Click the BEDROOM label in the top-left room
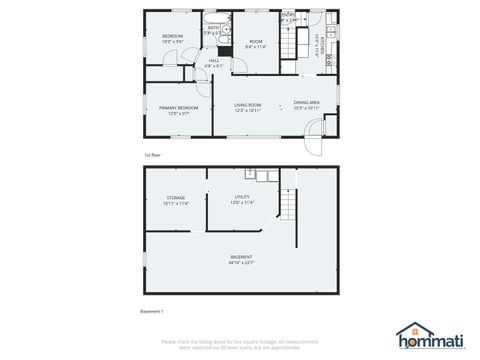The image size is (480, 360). tap(173, 37)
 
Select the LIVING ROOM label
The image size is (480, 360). tap(247, 104)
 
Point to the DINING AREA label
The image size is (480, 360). tap(306, 103)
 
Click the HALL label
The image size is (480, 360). tap(214, 61)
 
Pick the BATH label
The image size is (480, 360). tap(213, 28)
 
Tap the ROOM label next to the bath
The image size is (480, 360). tap(255, 41)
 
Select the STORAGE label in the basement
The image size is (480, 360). tap(176, 198)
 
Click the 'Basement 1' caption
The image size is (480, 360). tap(150, 312)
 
